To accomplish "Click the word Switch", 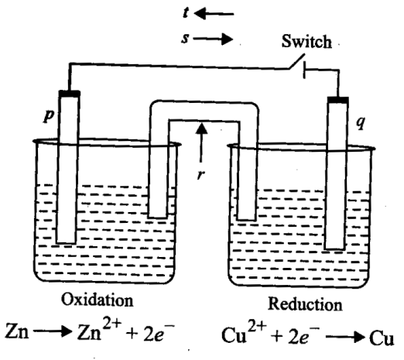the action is point(306,41).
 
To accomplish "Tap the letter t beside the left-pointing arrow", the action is point(186,12).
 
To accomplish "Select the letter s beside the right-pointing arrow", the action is point(185,39).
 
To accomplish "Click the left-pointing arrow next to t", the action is point(214,14).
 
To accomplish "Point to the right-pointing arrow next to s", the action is point(213,39).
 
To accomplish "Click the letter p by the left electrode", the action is point(49,115).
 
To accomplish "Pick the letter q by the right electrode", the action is point(361,122).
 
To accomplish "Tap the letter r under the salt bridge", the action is point(200,175).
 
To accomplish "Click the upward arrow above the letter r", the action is point(201,142).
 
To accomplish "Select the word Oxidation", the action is point(98,300).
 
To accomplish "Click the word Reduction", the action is point(305,303).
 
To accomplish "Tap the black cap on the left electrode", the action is point(69,94).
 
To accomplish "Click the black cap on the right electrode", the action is point(338,100).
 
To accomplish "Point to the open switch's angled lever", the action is point(297,61).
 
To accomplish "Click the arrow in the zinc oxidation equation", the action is point(52,331).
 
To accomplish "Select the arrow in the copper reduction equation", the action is point(345,337).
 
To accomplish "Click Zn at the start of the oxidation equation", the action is point(17,331).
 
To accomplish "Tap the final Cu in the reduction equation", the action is point(382,338).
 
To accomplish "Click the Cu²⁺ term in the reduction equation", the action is point(244,332).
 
